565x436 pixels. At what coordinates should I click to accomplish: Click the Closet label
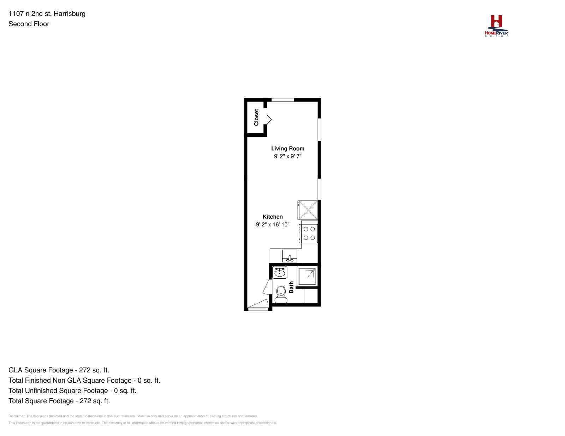point(256,117)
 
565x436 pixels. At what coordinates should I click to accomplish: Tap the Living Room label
point(287,149)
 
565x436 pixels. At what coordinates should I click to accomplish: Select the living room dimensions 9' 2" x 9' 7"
point(287,156)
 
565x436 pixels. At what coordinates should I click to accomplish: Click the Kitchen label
point(273,217)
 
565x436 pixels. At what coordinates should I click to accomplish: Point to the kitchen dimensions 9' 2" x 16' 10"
point(273,224)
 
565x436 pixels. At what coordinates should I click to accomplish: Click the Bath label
point(291,287)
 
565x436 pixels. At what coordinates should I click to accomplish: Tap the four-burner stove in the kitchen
point(308,234)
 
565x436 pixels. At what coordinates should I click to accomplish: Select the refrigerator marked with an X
point(308,210)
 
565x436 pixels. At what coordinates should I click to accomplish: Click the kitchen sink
point(290,256)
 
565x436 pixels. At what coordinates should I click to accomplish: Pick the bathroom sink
point(280,272)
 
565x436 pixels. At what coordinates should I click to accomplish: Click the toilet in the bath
point(281,295)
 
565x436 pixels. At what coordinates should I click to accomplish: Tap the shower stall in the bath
point(307,276)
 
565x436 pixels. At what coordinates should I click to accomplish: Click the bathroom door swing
point(267,287)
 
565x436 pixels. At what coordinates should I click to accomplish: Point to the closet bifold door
point(269,120)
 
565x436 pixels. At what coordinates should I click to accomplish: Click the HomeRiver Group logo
point(496,26)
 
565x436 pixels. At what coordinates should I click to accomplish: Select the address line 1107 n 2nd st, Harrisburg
point(47,13)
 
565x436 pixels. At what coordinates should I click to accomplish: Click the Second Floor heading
point(29,24)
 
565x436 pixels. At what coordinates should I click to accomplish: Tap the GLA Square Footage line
point(59,370)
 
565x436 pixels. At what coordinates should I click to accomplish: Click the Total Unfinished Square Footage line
point(72,390)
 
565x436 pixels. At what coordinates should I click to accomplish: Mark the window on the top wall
point(282,100)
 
